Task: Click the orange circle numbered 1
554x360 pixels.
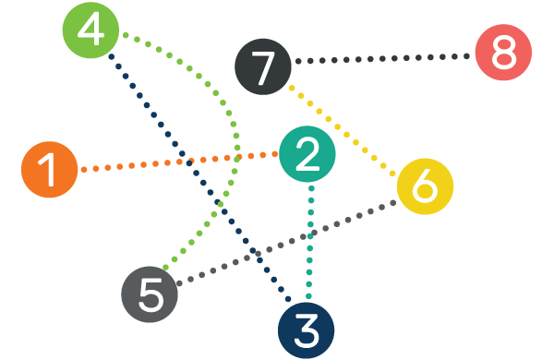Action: click(49, 170)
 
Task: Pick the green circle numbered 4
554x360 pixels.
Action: click(90, 30)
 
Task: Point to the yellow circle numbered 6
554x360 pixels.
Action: click(425, 186)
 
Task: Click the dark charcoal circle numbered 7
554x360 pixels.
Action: click(263, 67)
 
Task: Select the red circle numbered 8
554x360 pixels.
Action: click(503, 52)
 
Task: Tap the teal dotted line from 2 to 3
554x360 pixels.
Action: click(310, 240)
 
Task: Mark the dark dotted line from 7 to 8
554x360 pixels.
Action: click(388, 59)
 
